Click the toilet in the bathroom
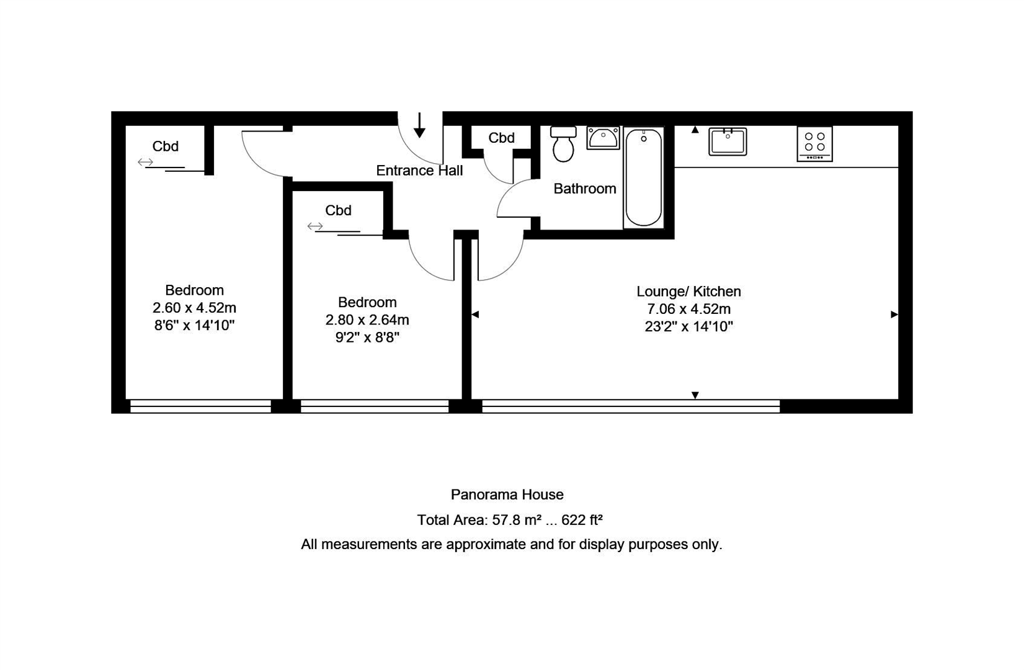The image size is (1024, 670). (563, 143)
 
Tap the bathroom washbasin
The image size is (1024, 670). (603, 138)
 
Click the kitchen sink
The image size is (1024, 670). (728, 141)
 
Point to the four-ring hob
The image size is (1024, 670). (814, 143)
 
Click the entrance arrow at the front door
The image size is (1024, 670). (419, 125)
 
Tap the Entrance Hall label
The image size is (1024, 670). (419, 171)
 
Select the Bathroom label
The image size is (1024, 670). (585, 189)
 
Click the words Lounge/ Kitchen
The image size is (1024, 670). (688, 292)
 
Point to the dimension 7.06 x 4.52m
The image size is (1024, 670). (688, 309)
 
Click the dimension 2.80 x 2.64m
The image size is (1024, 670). (367, 319)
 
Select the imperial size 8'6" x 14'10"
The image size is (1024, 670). (194, 325)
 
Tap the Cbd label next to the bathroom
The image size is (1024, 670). (501, 138)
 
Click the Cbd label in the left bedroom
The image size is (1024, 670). (165, 146)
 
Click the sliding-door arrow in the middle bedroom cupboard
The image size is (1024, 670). (315, 226)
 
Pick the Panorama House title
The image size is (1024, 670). (507, 494)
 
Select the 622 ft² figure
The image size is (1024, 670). (582, 520)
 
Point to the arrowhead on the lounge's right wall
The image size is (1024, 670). (894, 315)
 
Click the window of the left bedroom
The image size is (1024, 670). (200, 406)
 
